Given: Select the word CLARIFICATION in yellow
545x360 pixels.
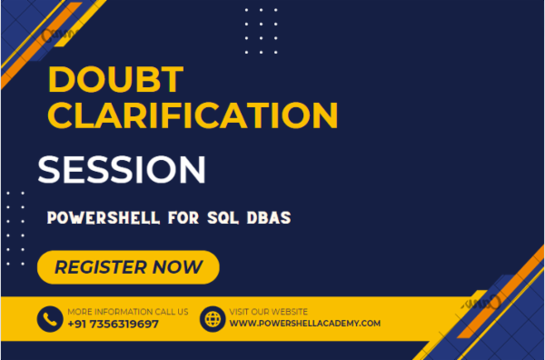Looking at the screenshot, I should tap(193, 116).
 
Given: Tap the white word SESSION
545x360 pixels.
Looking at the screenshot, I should tap(121, 168).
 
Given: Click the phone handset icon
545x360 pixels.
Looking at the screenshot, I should tap(49, 319).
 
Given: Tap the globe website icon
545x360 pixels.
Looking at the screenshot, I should tap(212, 319).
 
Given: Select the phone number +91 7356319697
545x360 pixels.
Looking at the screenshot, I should tap(113, 324).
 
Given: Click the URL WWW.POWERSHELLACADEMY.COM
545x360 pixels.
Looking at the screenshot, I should tap(304, 324).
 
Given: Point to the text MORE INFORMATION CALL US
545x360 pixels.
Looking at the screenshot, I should tap(127, 312).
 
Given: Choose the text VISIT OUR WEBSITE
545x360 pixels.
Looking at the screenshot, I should tap(268, 312).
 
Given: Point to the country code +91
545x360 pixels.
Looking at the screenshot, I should tap(79, 324).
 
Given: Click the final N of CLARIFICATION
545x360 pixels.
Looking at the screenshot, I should tap(323, 116).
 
